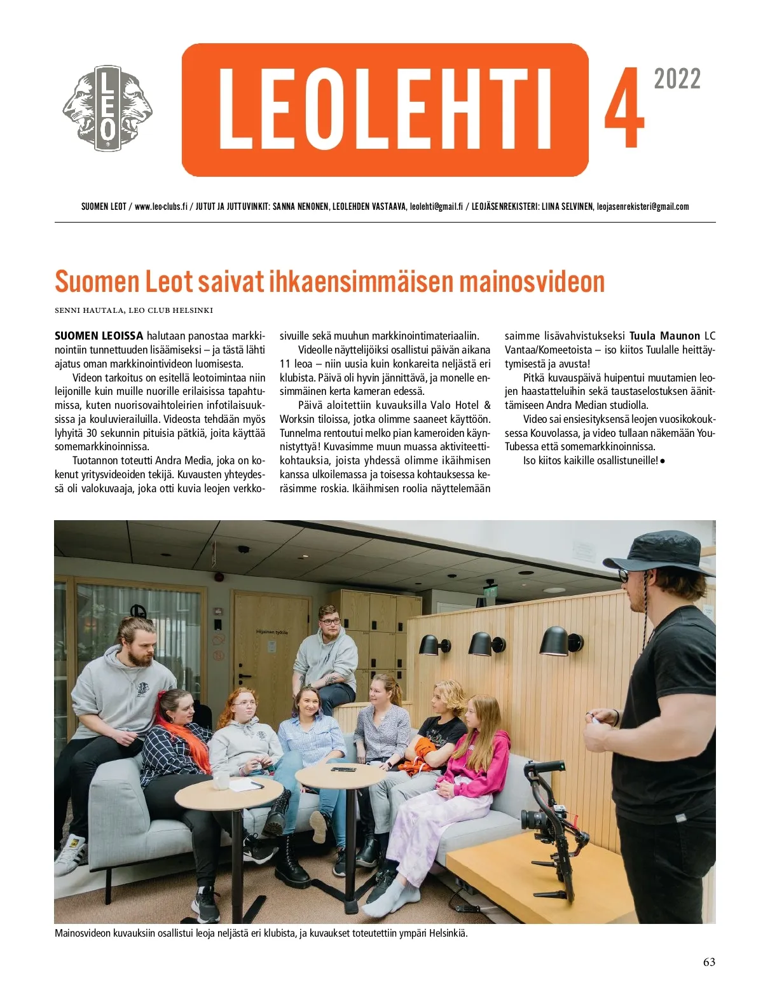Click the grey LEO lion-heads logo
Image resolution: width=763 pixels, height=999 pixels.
pos(107,109)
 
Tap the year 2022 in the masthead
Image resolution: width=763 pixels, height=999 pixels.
pos(677,79)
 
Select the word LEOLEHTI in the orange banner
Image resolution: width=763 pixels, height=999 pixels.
pos(385,109)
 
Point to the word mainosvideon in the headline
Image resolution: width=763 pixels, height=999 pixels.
pos(532,282)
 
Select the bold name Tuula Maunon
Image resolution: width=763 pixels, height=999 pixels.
pos(664,336)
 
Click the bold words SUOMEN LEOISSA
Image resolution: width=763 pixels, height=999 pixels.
pos(99,336)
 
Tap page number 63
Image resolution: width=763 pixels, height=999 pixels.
pos(709,962)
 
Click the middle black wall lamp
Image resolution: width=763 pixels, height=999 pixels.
pos(486,644)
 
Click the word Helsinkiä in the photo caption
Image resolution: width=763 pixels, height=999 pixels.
pos(448,934)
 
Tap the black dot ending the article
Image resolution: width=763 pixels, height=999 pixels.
pos(663,460)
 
